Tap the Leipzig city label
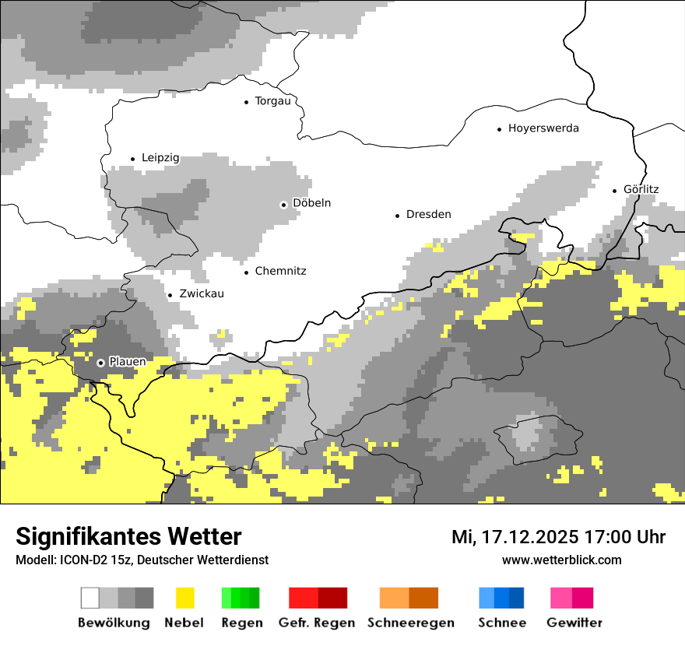160,158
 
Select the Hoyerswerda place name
543,128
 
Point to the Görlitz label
641,189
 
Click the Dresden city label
428,214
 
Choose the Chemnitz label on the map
280,271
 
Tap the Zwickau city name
202,294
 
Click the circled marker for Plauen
100,363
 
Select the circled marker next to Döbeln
284,205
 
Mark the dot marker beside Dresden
397,215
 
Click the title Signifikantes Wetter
128,537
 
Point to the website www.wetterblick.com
561,560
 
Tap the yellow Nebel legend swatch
184,598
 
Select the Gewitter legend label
574,623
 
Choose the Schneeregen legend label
411,623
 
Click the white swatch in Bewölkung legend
90,598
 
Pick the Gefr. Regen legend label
317,623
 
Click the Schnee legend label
501,623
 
